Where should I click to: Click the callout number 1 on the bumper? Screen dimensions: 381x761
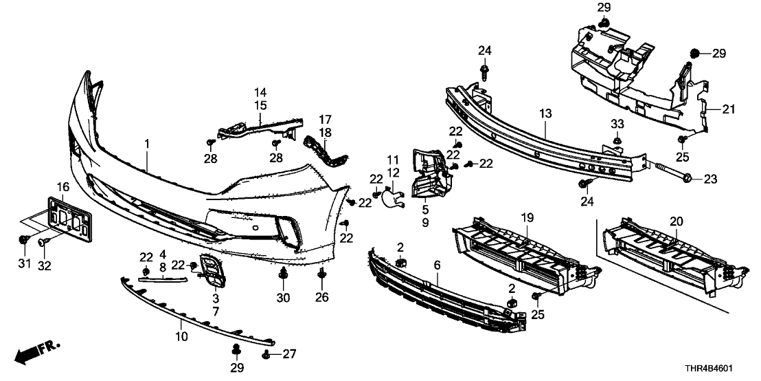(147, 144)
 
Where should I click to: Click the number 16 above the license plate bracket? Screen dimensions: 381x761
(63, 187)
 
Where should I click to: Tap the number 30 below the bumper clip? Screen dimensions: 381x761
(283, 298)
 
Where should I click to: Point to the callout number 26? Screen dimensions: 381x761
(321, 298)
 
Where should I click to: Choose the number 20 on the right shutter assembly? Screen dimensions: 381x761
(677, 221)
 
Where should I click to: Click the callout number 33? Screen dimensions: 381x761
(617, 124)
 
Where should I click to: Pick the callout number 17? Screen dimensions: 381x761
(325, 118)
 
